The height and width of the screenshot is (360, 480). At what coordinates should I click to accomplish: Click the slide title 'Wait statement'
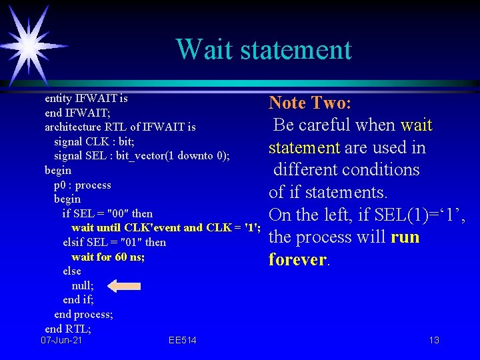tap(263, 49)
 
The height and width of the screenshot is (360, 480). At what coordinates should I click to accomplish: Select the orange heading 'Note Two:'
tap(310, 103)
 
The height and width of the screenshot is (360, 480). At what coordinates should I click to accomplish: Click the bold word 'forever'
tap(297, 259)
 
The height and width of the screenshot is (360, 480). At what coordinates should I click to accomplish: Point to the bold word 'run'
tap(405, 237)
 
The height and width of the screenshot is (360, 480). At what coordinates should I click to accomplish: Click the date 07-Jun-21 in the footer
tap(61, 341)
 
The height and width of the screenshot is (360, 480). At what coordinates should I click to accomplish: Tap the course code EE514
tap(182, 341)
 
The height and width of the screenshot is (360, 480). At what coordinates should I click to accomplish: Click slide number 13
tap(434, 341)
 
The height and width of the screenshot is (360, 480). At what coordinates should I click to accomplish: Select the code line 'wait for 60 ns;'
tap(107, 257)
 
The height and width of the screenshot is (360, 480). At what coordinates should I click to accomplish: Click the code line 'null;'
tap(83, 285)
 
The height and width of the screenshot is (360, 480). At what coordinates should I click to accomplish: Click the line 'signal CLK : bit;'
tap(94, 141)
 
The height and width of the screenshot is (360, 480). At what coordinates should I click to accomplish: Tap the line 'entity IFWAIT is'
tap(86, 98)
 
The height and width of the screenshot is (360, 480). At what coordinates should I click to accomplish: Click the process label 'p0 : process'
tap(82, 185)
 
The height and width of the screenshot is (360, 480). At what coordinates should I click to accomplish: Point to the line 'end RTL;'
tap(68, 328)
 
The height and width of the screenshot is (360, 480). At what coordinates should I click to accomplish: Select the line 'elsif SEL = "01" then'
tap(114, 242)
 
